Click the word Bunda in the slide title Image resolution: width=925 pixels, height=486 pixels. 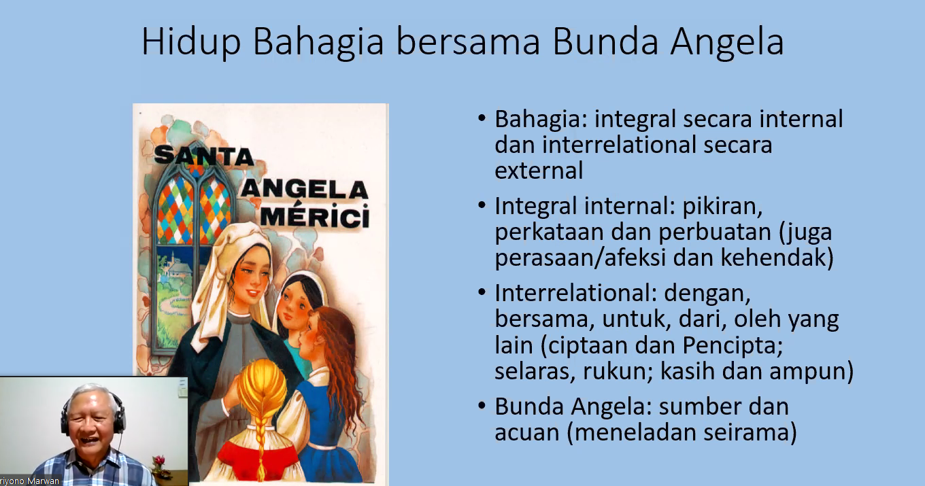point(605,41)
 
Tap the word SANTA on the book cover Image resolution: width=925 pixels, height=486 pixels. point(203,156)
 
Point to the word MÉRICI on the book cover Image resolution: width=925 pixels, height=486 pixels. point(315,215)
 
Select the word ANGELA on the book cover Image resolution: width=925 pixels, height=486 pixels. point(304,190)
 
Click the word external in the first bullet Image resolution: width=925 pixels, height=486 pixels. point(539,171)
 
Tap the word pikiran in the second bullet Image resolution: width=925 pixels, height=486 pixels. point(722,206)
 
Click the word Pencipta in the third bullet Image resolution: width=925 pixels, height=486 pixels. point(732,345)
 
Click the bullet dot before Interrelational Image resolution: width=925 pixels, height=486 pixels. point(482,293)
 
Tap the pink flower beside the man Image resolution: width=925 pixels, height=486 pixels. point(159,460)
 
